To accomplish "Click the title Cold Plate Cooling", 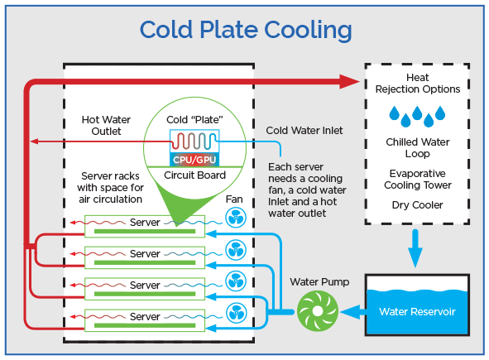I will tap(245, 30).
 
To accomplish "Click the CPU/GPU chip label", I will tap(194, 158).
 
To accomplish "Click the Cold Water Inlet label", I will tap(304, 131).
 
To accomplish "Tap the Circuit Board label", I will tap(195, 176).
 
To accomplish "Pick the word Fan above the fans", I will tap(234, 199).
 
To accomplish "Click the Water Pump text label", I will tap(319, 281).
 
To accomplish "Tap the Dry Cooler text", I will tap(418, 204).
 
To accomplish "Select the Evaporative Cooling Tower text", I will tap(418, 179).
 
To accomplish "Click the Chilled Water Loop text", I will tap(418, 147).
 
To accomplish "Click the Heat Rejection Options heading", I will tap(418, 84).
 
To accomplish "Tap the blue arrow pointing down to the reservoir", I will tap(417, 245).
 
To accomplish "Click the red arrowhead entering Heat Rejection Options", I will tap(351, 80).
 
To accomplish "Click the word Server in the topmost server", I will tap(145, 223).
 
